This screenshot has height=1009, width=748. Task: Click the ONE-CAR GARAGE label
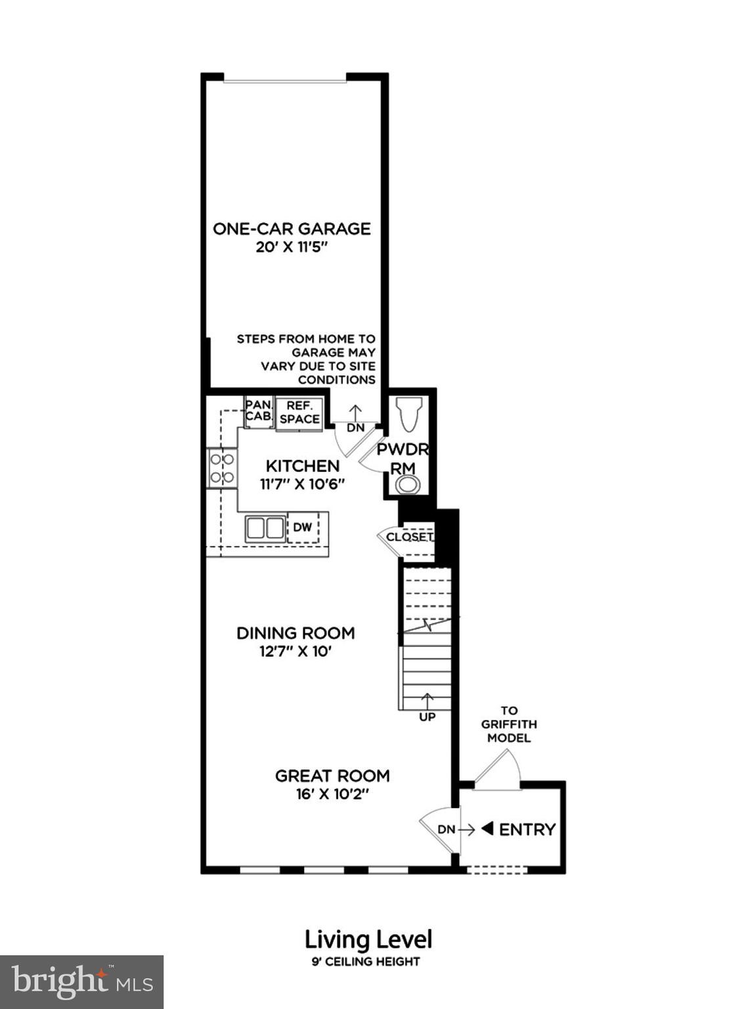292,229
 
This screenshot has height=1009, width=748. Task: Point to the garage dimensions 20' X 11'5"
292,248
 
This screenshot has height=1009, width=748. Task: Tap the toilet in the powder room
408,414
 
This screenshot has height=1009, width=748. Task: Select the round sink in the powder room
408,485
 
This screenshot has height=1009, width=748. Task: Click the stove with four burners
222,468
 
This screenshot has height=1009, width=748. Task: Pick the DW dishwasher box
303,527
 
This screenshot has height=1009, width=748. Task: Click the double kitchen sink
265,528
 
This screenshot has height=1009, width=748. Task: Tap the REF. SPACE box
299,413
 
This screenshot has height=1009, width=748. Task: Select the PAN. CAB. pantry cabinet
259,411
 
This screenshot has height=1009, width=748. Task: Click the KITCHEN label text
303,466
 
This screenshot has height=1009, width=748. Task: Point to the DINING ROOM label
296,633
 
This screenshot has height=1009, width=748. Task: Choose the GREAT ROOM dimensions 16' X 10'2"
332,794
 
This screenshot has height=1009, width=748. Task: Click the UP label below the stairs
427,717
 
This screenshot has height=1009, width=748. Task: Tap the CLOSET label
409,537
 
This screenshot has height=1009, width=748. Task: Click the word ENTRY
527,830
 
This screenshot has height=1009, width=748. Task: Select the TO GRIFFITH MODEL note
509,724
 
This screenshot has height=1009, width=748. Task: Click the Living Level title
368,939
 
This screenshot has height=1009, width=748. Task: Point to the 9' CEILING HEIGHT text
366,962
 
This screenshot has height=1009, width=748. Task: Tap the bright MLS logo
81,981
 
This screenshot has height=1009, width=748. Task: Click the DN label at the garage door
355,428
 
